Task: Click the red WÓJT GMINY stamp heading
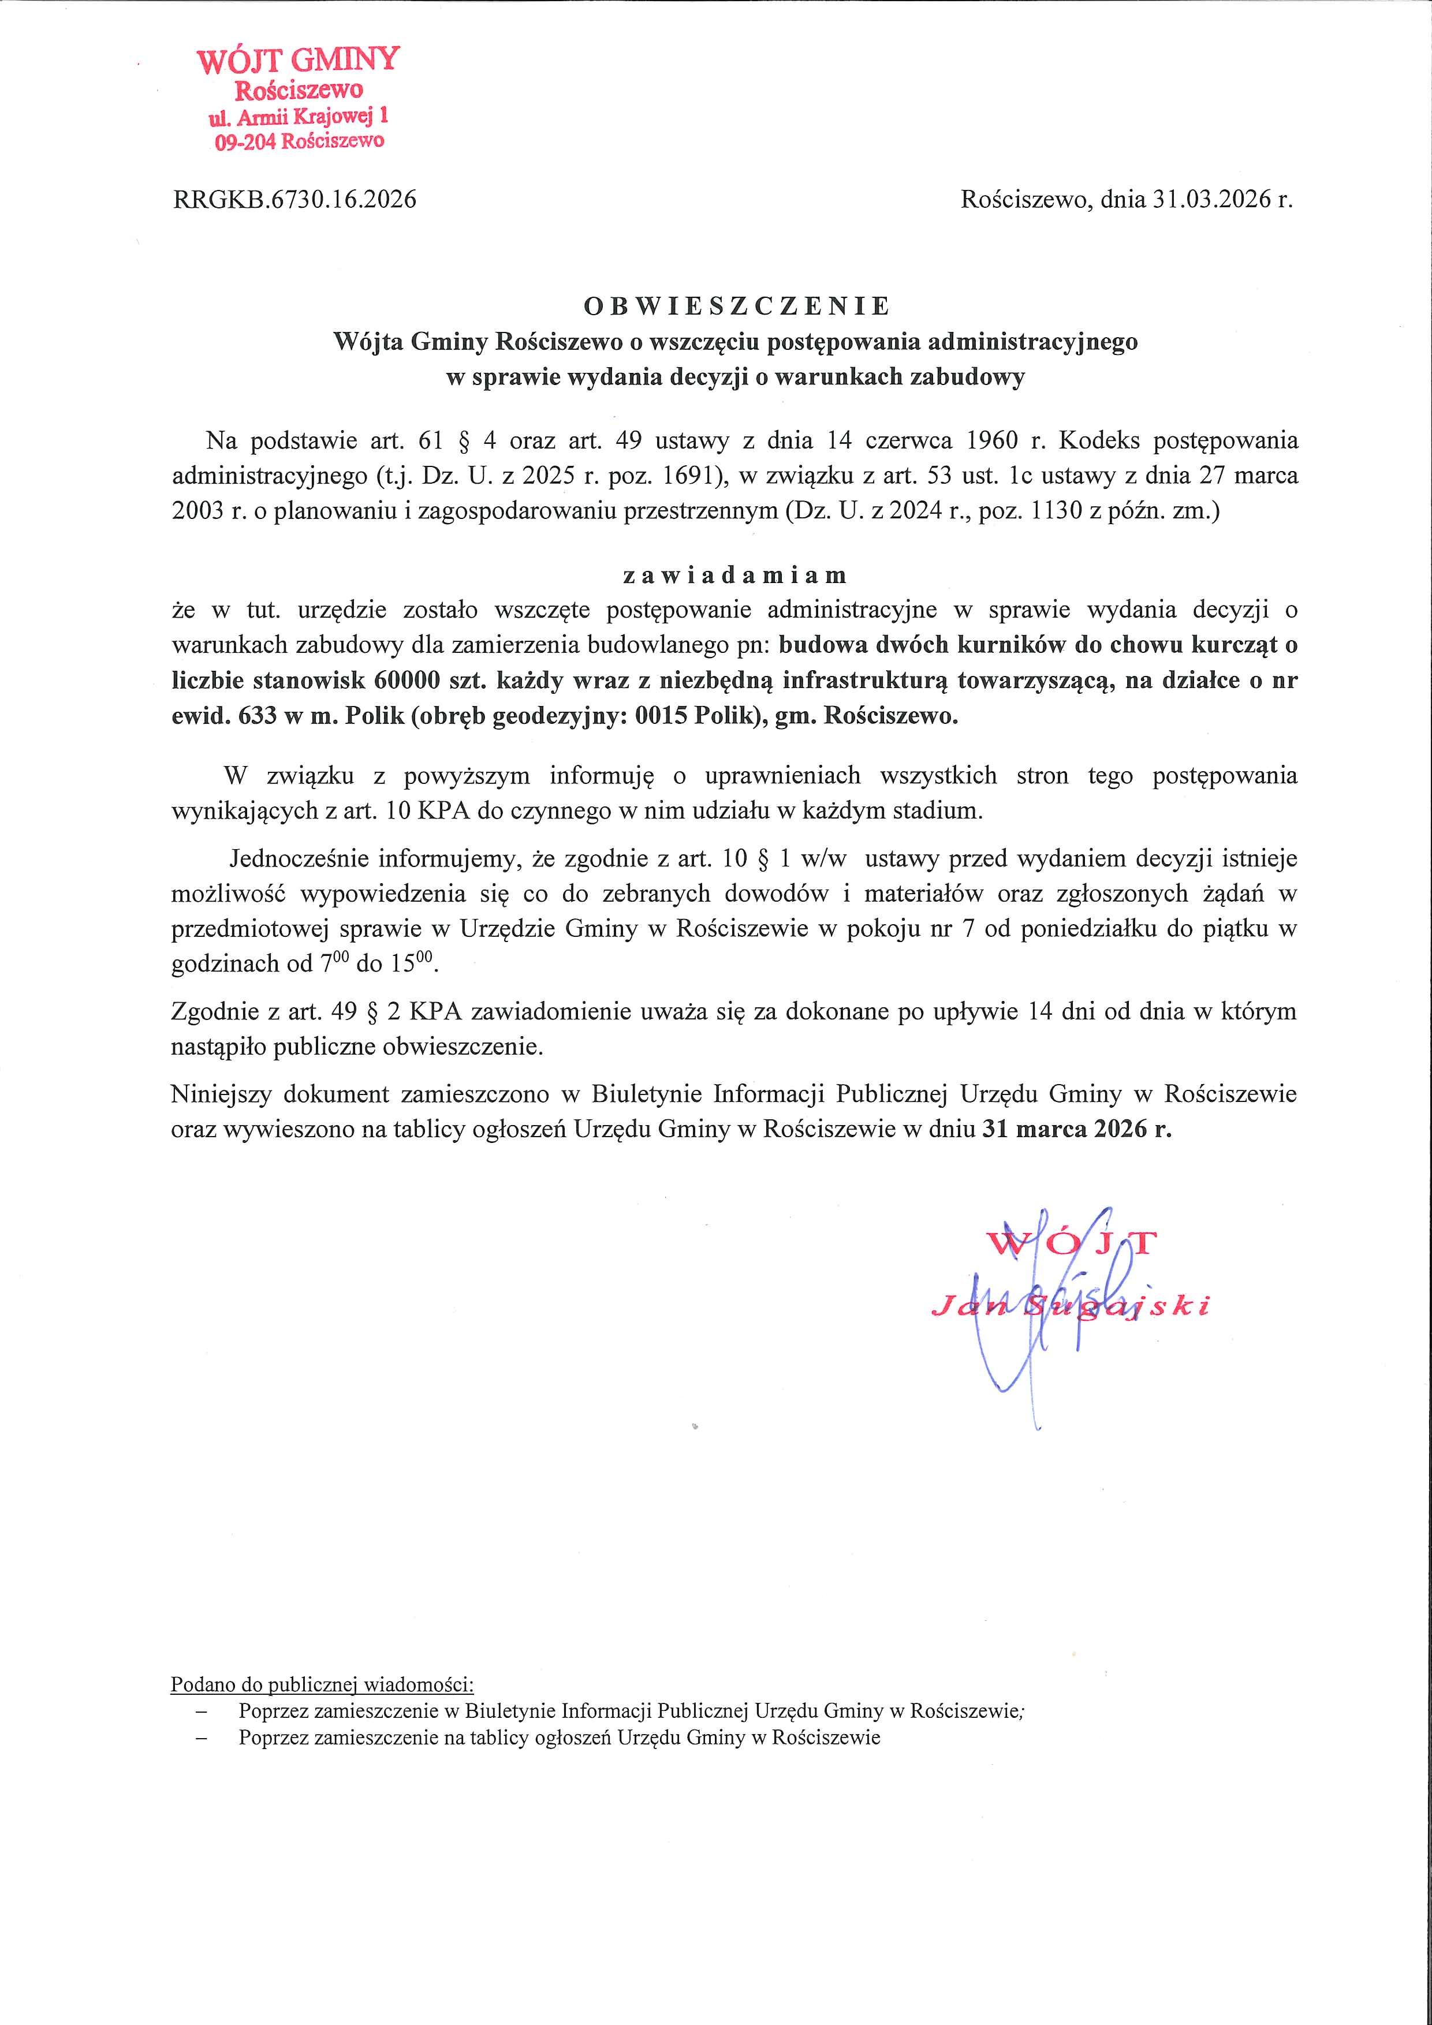[298, 60]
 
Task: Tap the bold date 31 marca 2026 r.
[1076, 1130]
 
